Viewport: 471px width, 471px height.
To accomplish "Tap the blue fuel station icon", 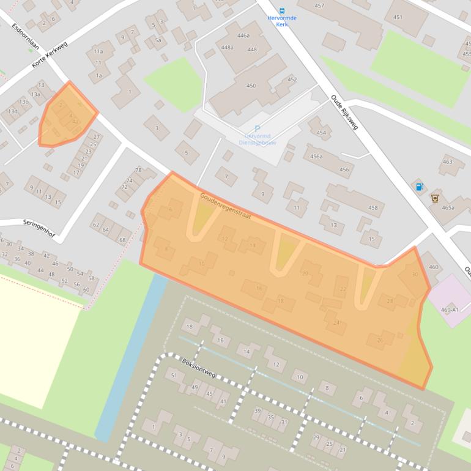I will (420, 187).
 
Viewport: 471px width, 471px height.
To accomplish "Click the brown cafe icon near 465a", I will (435, 198).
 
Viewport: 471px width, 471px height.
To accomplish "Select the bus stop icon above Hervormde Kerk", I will (282, 10).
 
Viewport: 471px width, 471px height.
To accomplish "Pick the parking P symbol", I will (258, 128).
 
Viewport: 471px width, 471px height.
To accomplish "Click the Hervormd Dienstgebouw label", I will (261, 139).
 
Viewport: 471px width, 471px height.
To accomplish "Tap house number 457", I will (319, 6).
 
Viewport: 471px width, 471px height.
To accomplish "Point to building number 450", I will (251, 86).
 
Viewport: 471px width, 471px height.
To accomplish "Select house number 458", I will (373, 208).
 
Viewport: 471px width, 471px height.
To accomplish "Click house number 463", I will (448, 162).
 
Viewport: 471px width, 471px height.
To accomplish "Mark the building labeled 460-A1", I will (450, 310).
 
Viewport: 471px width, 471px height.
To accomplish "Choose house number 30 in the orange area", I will (415, 275).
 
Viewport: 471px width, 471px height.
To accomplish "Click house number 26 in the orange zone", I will (380, 340).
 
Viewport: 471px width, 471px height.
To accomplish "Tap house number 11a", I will (98, 52).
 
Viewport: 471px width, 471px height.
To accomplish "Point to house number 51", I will (174, 375).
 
